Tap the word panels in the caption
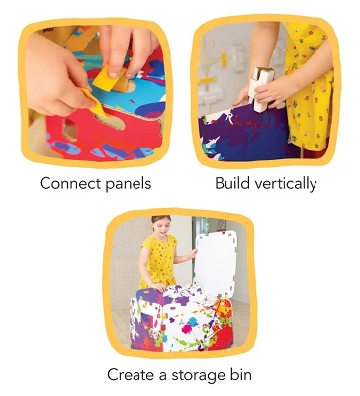[x=129, y=184]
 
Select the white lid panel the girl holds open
[x=216, y=260]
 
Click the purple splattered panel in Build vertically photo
[x=244, y=132]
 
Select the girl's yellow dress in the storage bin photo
[x=159, y=259]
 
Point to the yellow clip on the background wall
[x=224, y=59]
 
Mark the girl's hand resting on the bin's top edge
[x=161, y=288]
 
